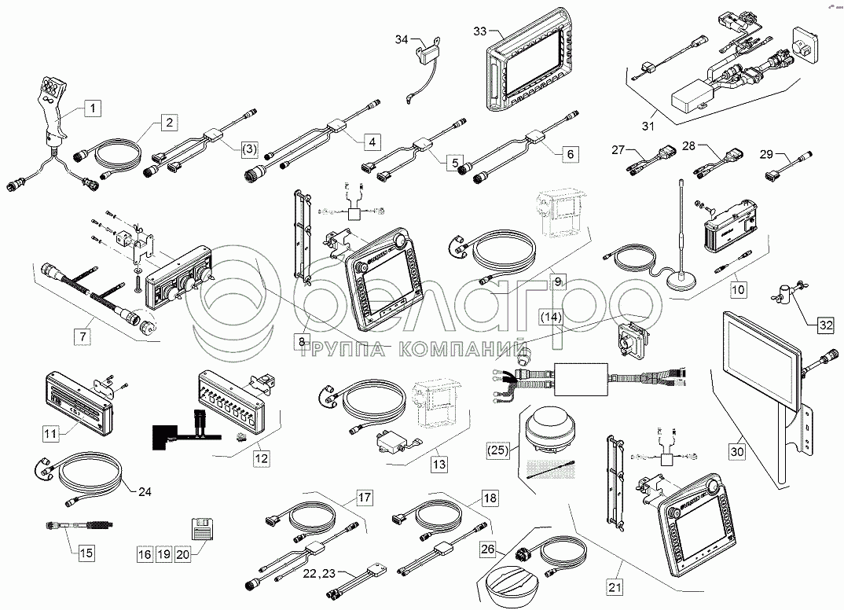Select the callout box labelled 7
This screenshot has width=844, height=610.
pos(81,336)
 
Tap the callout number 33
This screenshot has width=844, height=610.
pos(481,31)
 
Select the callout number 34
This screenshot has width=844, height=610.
pos(402,39)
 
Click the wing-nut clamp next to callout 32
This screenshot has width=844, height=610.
pos(786,294)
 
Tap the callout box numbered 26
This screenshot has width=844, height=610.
pos(488,552)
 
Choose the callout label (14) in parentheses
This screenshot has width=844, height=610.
pos(550,317)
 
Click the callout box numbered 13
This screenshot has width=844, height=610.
pos(439,465)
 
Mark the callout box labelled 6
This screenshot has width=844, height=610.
pos(571,154)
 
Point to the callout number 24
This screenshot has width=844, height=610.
pos(144,493)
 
